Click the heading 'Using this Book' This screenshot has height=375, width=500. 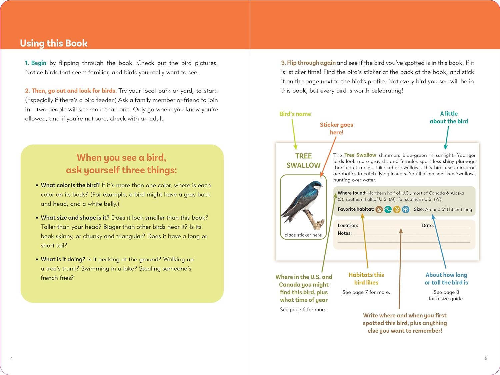click(x=54, y=43)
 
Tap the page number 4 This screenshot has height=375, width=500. click(x=12, y=359)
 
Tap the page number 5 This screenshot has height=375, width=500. click(x=486, y=359)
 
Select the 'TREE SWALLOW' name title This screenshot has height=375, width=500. click(x=303, y=161)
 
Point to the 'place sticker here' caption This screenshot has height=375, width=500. click(x=303, y=235)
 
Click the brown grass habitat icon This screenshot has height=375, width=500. click(x=379, y=210)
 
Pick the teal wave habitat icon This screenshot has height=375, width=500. click(x=388, y=210)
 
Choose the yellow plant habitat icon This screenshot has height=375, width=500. click(x=397, y=210)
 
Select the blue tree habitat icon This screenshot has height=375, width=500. click(x=405, y=210)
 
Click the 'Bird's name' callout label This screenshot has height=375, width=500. click(x=295, y=114)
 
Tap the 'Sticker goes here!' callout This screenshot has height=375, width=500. click(x=336, y=128)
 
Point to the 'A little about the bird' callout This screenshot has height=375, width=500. click(x=449, y=117)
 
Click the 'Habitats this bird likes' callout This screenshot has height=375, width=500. click(x=366, y=279)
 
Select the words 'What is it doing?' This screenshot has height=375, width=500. click(x=63, y=259)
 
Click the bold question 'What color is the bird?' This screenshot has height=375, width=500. click(x=70, y=185)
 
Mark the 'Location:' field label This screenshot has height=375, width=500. click(x=348, y=226)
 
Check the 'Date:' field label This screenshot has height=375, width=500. click(x=428, y=226)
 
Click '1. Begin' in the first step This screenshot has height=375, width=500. click(x=36, y=63)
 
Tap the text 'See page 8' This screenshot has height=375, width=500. click(x=446, y=292)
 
